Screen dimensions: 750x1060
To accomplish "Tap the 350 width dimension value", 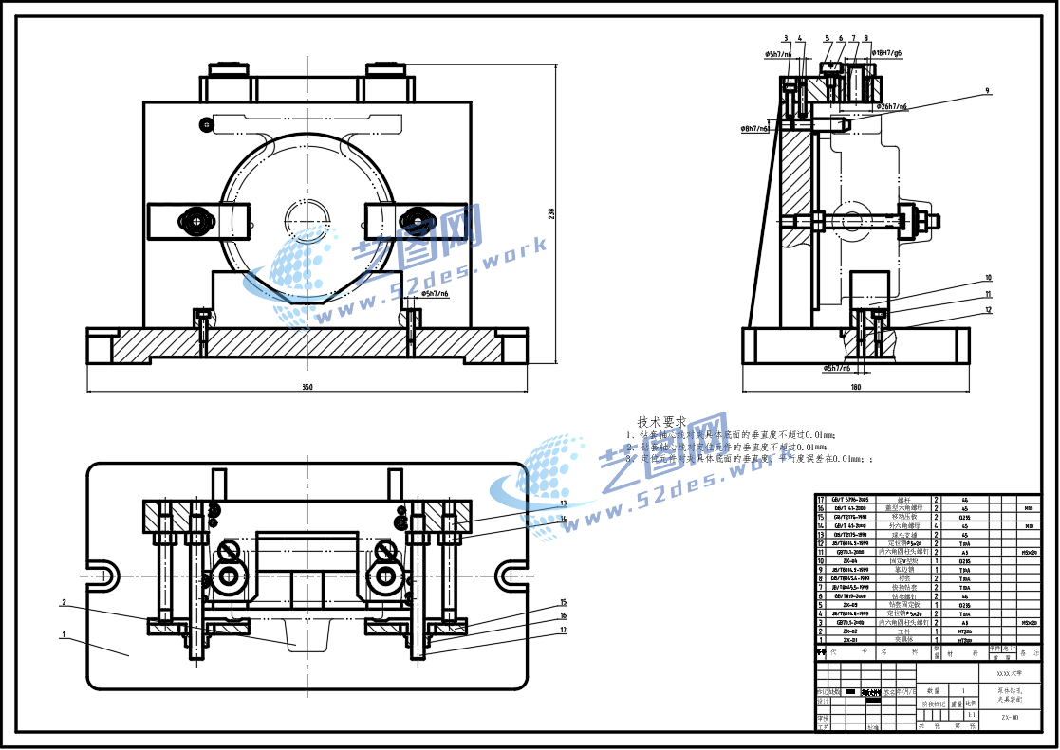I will click(x=307, y=387).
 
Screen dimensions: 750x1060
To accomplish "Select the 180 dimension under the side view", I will click(x=856, y=387).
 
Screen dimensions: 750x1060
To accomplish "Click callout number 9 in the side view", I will click(x=987, y=91).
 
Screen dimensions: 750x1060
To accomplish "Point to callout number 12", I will click(x=988, y=309).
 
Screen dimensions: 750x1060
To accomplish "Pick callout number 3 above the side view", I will click(x=786, y=39).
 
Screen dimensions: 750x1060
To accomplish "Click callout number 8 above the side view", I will click(x=866, y=39).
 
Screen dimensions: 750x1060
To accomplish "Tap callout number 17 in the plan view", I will click(x=563, y=630).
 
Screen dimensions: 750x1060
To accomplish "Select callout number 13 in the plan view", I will click(x=563, y=503).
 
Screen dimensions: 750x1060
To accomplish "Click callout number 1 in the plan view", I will click(x=64, y=635).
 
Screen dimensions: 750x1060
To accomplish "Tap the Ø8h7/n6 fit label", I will click(x=755, y=127).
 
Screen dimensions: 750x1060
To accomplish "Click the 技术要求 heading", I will click(x=661, y=421).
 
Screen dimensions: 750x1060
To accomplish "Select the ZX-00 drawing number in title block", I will click(x=1010, y=718).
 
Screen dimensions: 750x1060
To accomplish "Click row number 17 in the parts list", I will click(x=821, y=499).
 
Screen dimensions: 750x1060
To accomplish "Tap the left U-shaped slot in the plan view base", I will click(x=104, y=575).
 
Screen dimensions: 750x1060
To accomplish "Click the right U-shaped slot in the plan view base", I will click(x=510, y=575).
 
